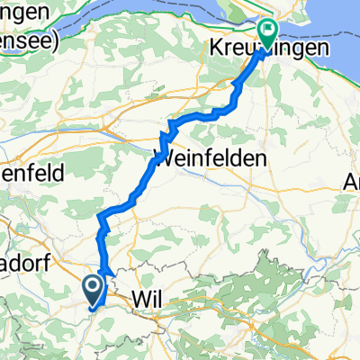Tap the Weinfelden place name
click(x=212, y=158)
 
